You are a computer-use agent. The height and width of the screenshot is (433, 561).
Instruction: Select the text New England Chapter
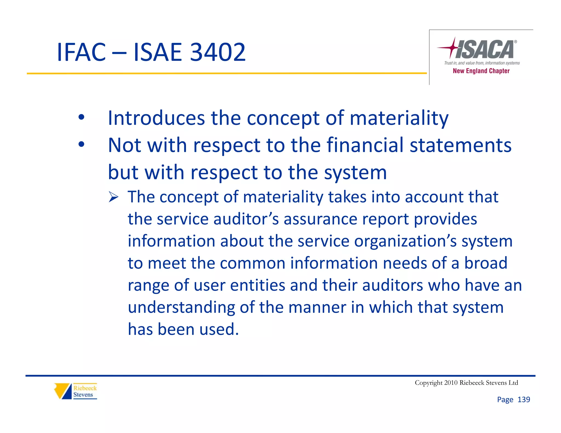(481, 71)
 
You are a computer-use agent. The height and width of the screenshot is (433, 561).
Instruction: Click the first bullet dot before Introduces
(81, 117)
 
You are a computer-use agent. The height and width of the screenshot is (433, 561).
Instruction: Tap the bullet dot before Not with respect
(81, 144)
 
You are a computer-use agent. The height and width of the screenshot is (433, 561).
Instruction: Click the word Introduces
(156, 118)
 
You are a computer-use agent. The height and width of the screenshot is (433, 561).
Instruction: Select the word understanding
(181, 307)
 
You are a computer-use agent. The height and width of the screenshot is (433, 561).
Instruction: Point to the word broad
(485, 263)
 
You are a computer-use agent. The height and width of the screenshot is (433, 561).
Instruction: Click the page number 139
(524, 400)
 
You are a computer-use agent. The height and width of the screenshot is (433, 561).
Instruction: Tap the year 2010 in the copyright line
(451, 383)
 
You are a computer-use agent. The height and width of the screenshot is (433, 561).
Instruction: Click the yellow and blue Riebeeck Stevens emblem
(63, 391)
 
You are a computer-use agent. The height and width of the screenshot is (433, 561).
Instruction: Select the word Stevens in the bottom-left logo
(83, 395)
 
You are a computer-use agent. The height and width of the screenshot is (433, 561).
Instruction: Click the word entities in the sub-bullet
(258, 285)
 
